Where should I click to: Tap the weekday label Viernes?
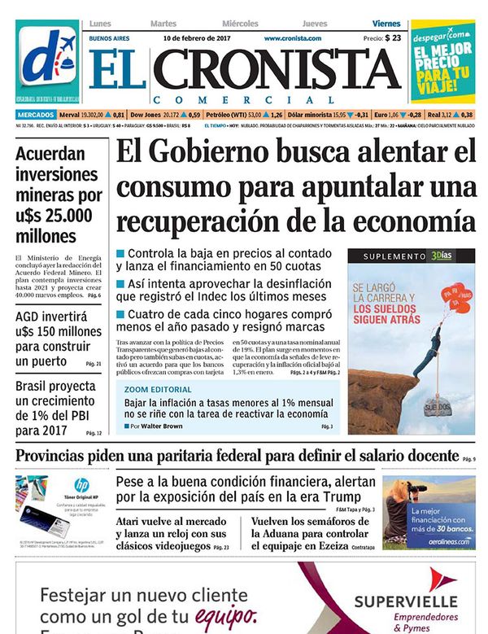coord(386,24)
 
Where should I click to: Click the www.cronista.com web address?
coord(292,38)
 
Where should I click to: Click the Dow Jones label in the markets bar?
coord(146,115)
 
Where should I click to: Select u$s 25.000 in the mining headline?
coord(59,216)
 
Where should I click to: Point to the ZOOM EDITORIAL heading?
coord(159,390)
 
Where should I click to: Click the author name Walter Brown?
coord(163,426)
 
